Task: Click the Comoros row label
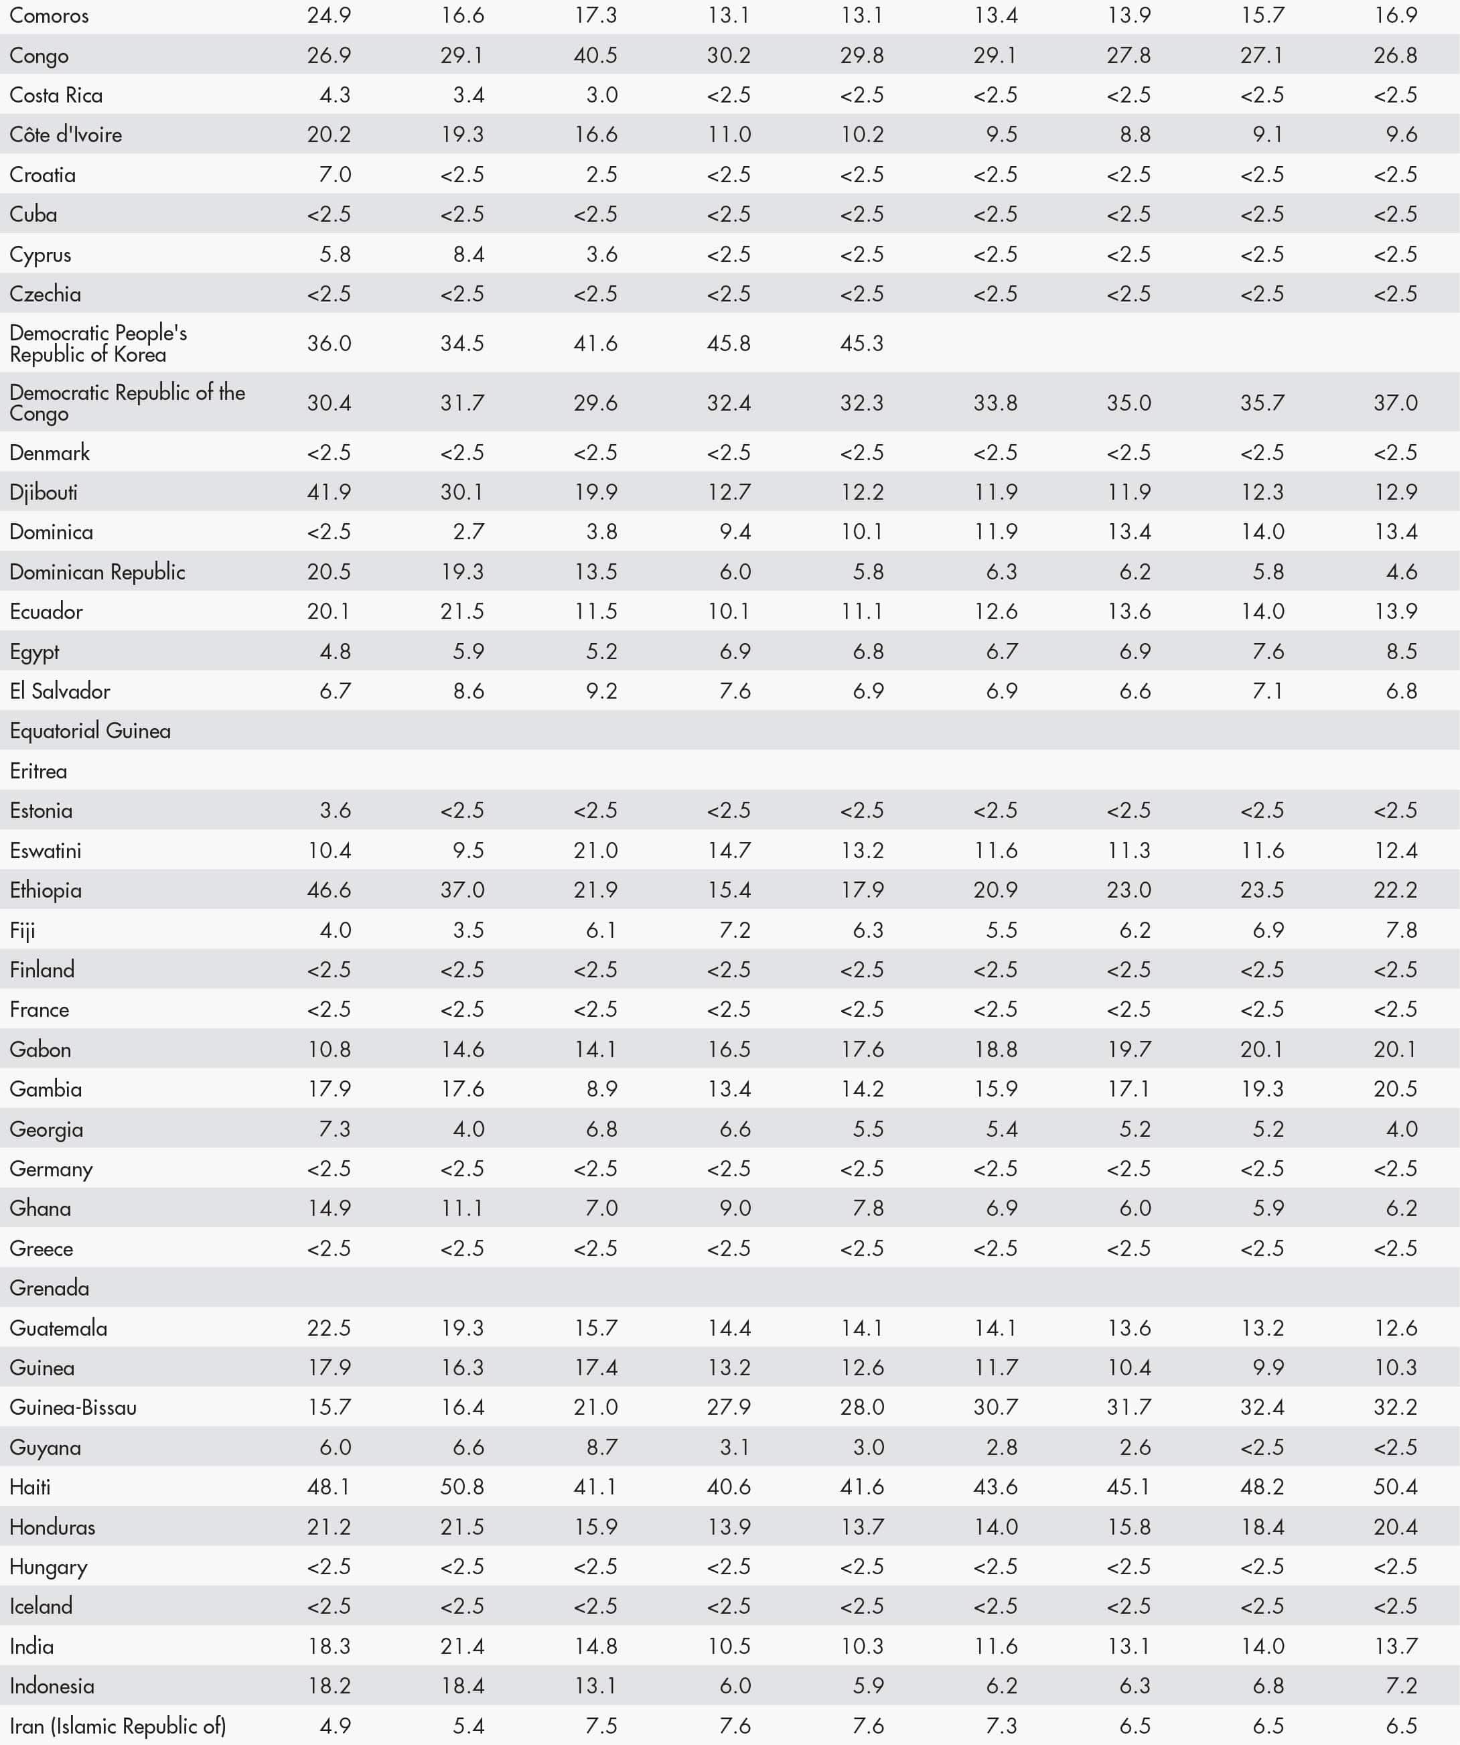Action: [49, 16]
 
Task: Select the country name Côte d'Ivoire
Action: [66, 135]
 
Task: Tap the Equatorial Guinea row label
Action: [90, 731]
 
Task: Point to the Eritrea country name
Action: [38, 771]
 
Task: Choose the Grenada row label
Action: [49, 1288]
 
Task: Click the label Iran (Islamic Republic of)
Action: [117, 1726]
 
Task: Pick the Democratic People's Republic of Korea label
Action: [98, 343]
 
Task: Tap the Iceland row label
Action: [41, 1606]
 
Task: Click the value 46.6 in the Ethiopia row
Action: [329, 890]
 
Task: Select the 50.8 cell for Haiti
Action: [462, 1486]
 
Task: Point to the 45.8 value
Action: [729, 343]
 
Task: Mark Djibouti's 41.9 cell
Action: [329, 492]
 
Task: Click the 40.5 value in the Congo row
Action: [596, 56]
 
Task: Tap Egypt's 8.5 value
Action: [1401, 652]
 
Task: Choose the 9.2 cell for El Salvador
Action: [601, 691]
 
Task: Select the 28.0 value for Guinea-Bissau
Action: [862, 1407]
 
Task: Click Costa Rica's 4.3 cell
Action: [335, 94]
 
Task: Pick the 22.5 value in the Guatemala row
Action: [329, 1328]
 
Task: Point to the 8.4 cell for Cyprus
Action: [469, 255]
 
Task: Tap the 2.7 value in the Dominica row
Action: [469, 532]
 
